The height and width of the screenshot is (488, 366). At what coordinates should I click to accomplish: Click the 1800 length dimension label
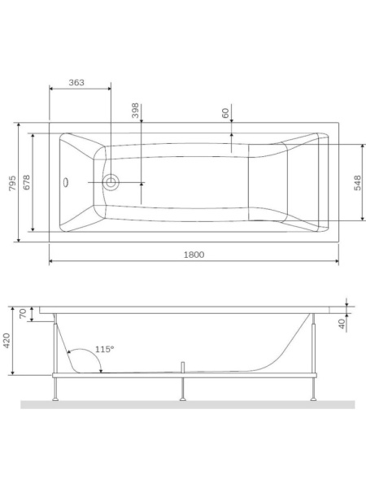(x=193, y=255)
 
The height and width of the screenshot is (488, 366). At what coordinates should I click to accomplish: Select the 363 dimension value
(x=77, y=83)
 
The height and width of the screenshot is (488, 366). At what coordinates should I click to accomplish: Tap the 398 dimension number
(x=136, y=111)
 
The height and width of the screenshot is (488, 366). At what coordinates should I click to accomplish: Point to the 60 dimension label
(x=225, y=113)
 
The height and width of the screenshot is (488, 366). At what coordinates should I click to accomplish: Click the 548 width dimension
(x=355, y=182)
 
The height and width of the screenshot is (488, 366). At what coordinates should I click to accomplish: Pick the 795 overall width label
(x=12, y=182)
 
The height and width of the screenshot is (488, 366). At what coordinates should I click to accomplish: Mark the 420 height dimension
(x=7, y=341)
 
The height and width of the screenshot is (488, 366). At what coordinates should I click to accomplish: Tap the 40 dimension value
(x=342, y=323)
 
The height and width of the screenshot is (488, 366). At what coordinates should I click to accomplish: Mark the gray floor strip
(x=187, y=404)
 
